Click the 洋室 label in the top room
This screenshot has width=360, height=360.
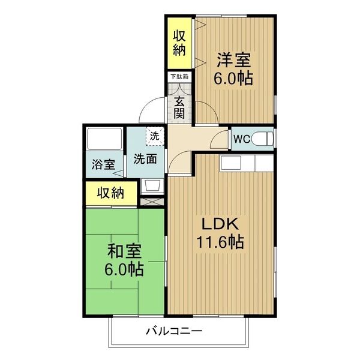[x=234, y=61]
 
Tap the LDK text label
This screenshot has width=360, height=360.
[x=220, y=225]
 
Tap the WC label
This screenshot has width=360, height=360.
[x=242, y=139]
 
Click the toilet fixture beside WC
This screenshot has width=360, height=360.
[x=263, y=139]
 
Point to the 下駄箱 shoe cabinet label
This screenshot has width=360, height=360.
[x=178, y=77]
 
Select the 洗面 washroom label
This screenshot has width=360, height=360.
[x=146, y=159]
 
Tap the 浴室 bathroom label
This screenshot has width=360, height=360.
[x=103, y=163]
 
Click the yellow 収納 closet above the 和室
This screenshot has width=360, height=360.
[x=111, y=193]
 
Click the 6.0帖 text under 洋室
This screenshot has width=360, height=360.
[x=234, y=78]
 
